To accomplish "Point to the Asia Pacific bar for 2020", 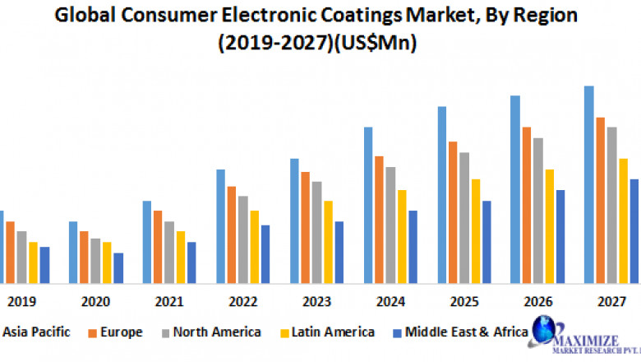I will (73, 251).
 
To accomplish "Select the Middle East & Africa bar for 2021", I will (191, 261).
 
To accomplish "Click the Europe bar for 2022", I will (232, 234).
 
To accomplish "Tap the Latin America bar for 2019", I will (34, 261).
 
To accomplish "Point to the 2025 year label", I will (464, 302).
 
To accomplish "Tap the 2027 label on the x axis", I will (611, 302).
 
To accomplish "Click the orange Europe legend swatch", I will (93, 333).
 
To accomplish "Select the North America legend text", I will (218, 332).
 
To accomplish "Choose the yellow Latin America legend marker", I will (286, 333).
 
